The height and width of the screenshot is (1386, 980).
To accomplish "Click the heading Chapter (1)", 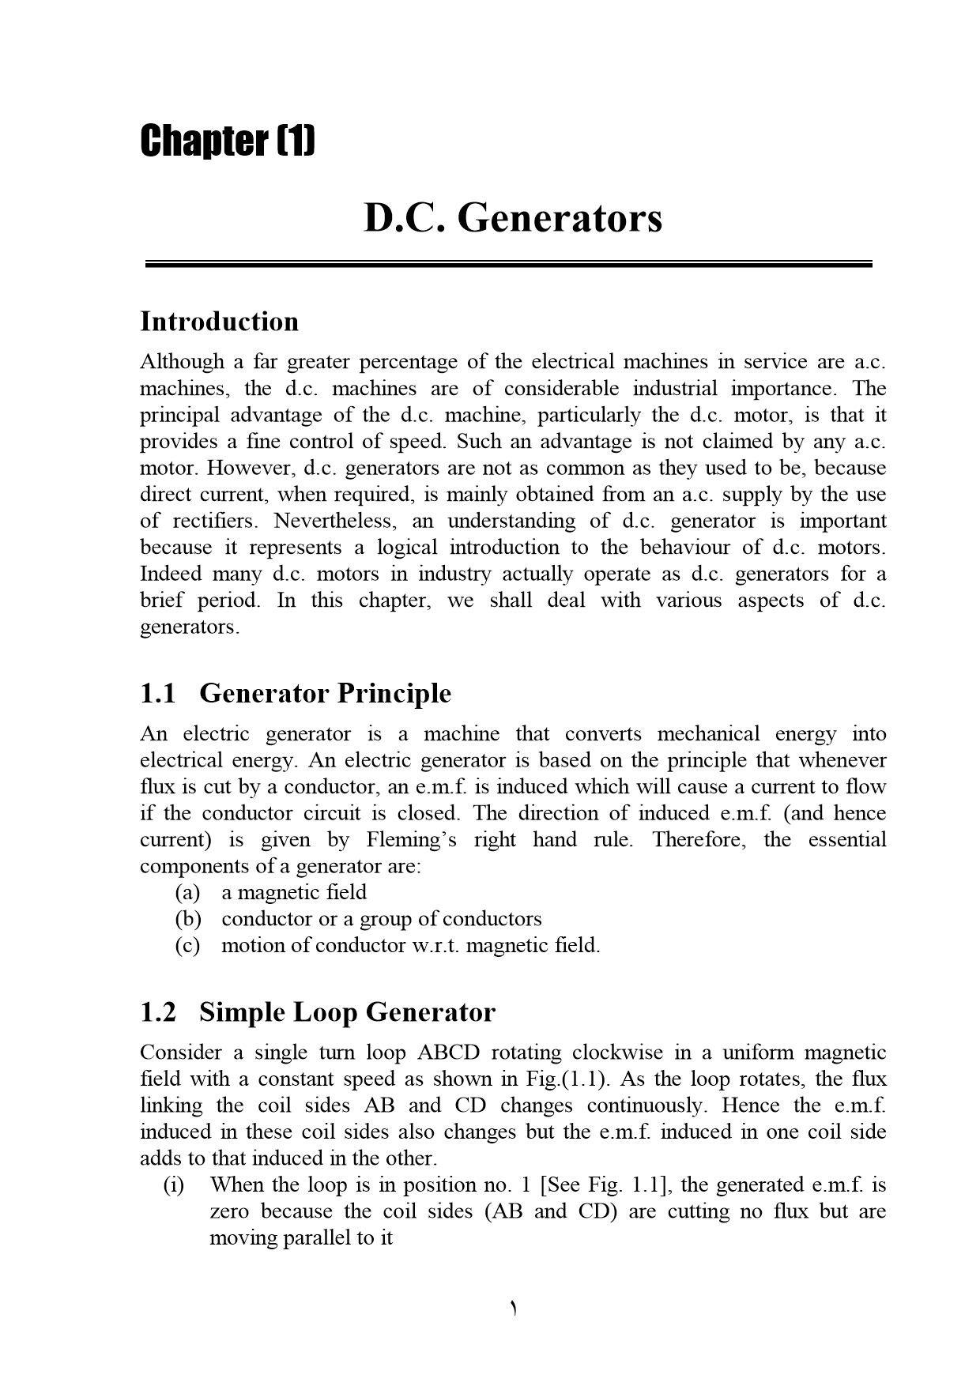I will point(228,141).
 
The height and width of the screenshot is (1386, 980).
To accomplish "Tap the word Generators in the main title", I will point(560,218).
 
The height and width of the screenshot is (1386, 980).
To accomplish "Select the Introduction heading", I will point(220,322).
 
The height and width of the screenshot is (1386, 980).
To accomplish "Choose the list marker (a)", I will point(188,893).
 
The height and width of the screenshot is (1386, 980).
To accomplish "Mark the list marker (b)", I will point(188,919).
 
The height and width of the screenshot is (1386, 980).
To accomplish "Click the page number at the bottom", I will point(513,1309).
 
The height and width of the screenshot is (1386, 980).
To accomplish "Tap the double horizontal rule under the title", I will point(508,265).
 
